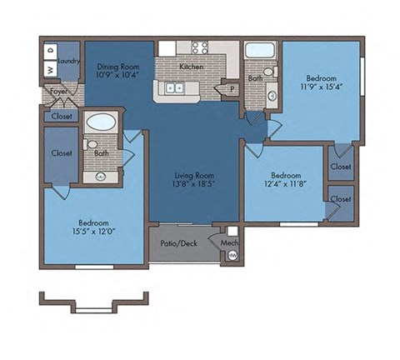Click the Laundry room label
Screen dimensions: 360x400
pyautogui.click(x=68, y=61)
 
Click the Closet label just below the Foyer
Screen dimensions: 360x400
pyautogui.click(x=60, y=116)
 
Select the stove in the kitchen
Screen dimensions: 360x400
pyautogui.click(x=200, y=47)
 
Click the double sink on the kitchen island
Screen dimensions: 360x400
pyautogui.click(x=175, y=87)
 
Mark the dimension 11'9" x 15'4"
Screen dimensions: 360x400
pyautogui.click(x=318, y=84)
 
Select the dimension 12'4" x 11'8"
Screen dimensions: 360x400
pyautogui.click(x=283, y=185)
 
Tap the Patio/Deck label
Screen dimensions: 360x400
pyautogui.click(x=178, y=244)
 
